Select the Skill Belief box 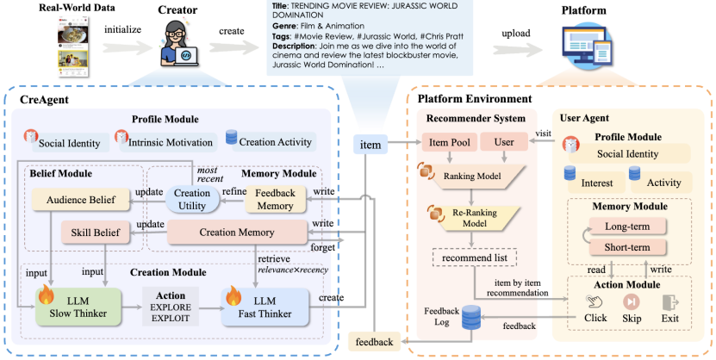pos(95,233)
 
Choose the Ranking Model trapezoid pos(473,175)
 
